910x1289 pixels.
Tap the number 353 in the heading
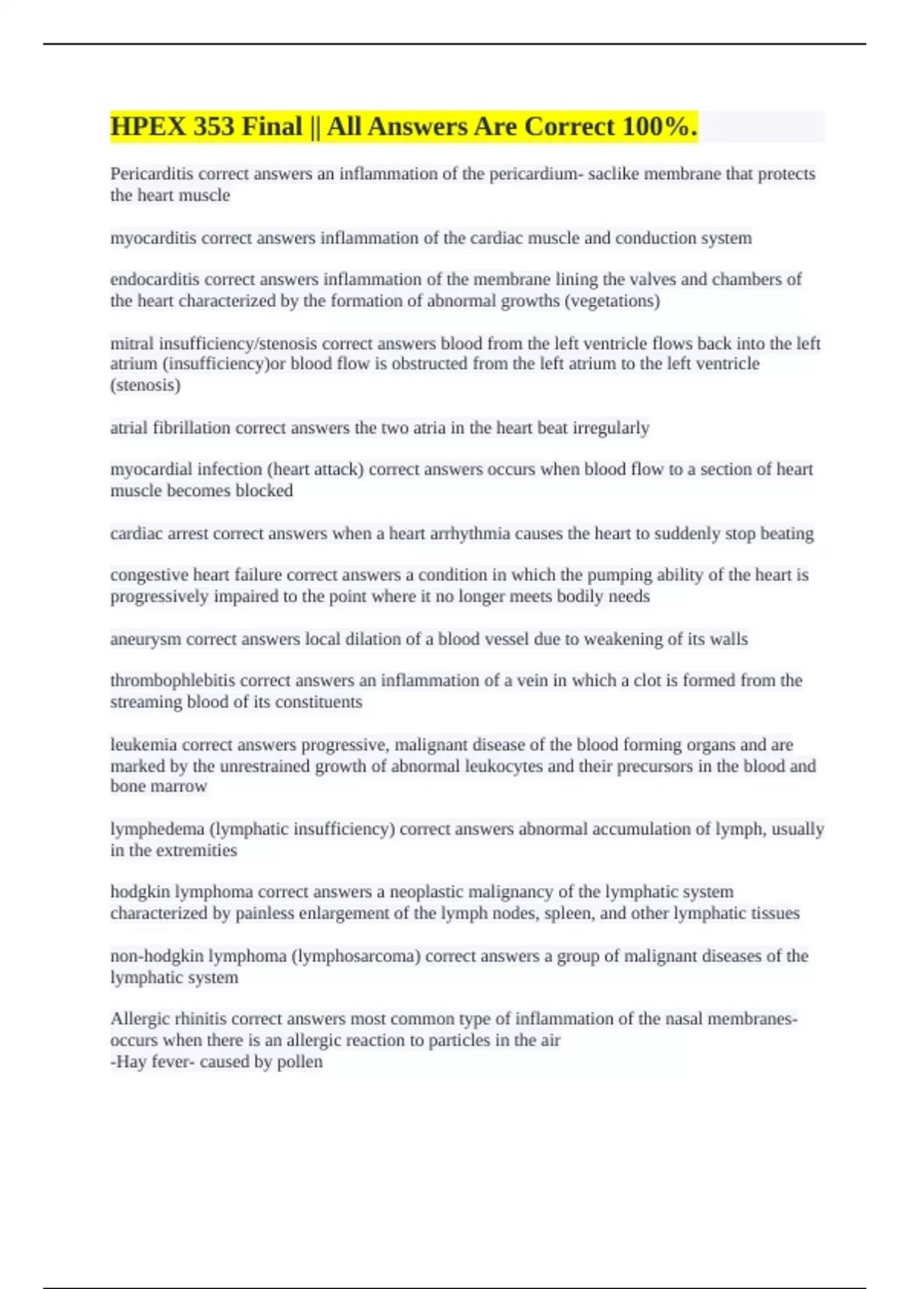pyautogui.click(x=213, y=127)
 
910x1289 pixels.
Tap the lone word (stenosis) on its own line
pyautogui.click(x=146, y=385)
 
